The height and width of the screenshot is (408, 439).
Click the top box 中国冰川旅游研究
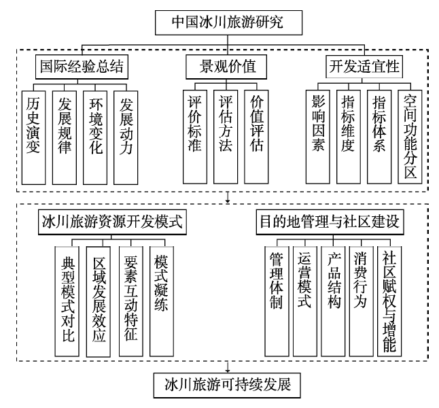tap(228, 22)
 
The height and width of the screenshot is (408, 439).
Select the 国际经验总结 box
tap(82, 67)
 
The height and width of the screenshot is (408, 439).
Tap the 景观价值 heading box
tap(226, 67)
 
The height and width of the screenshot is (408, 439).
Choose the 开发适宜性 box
tap(364, 67)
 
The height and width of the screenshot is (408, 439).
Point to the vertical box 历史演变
tap(33, 137)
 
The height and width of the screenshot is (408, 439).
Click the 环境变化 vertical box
tap(95, 137)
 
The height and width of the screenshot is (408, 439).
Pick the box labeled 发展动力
tap(126, 137)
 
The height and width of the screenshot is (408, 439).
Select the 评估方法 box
tap(226, 137)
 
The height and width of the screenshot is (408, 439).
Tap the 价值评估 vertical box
tap(256, 137)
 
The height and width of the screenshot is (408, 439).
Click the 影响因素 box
tap(318, 137)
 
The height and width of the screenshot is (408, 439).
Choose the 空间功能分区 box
tap(410, 137)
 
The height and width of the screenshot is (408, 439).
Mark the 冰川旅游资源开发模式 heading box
tap(112, 222)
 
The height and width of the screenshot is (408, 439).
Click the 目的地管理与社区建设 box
tap(330, 222)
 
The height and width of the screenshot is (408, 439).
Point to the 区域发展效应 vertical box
tap(99, 301)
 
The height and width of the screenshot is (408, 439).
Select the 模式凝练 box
tap(162, 301)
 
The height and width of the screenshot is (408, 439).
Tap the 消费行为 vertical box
tap(361, 301)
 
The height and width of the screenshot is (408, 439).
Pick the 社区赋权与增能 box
tap(389, 301)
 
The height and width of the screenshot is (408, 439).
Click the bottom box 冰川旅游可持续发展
tap(227, 386)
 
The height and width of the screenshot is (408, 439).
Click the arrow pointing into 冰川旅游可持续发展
tap(228, 367)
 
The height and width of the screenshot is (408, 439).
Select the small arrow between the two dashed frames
tap(228, 197)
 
